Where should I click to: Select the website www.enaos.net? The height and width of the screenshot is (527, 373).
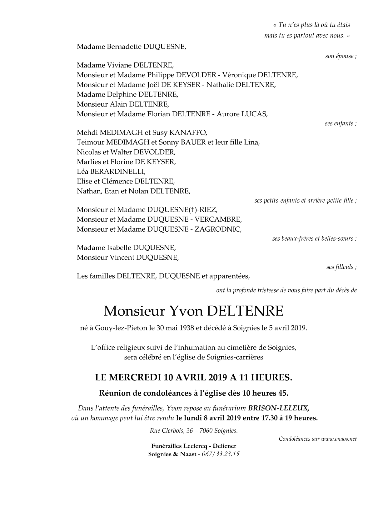339,439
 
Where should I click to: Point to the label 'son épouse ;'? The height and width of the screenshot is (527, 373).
341,56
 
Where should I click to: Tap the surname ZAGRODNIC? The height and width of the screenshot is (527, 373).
217,229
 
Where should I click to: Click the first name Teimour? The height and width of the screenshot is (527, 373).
90,143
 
